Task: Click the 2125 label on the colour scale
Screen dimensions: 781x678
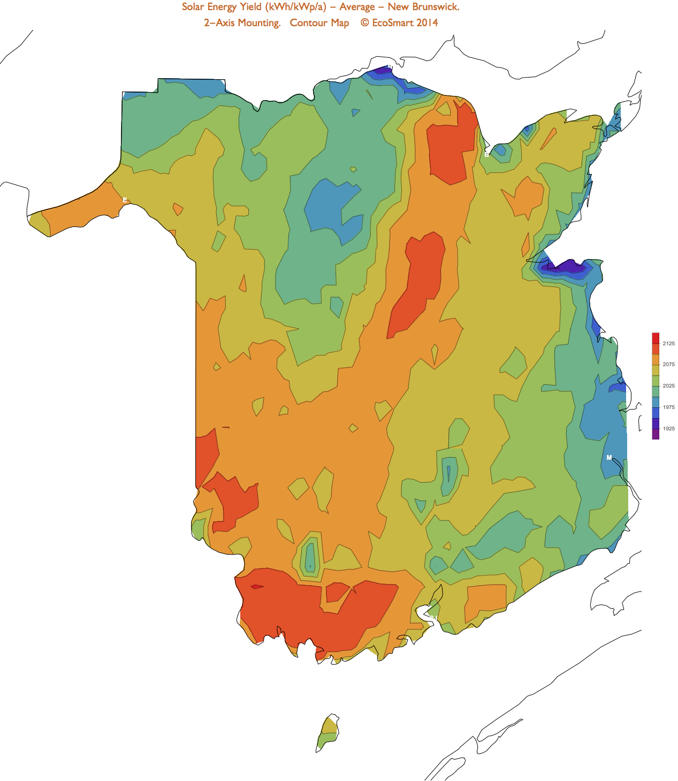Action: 668,344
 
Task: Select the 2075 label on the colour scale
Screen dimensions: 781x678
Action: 668,365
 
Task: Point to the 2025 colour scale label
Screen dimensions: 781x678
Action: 668,386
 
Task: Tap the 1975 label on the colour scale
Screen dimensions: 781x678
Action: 668,407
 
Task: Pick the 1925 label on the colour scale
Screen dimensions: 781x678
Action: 668,429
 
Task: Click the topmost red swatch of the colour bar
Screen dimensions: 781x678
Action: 656,338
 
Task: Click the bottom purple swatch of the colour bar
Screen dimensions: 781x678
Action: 656,434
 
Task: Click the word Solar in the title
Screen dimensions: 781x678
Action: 193,7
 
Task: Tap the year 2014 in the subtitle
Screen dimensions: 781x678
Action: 427,23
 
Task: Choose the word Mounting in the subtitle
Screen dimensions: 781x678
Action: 259,23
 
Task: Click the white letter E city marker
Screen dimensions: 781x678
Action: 125,200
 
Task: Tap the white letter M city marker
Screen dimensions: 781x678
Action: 609,458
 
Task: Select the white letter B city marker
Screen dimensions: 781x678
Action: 486,155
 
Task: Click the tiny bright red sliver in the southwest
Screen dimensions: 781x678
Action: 257,587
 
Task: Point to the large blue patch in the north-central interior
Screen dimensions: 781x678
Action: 332,209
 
